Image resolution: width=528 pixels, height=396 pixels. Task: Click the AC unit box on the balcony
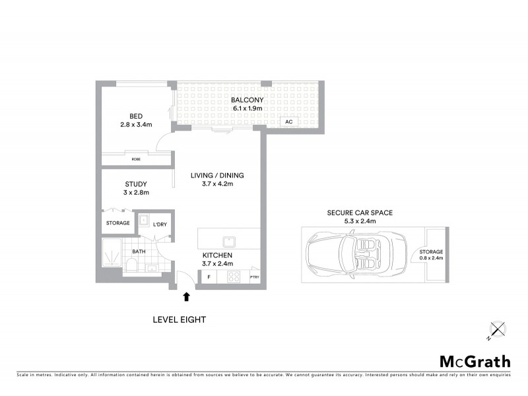289,122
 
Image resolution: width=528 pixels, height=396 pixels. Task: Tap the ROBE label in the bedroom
135,159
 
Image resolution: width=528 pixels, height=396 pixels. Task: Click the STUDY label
135,184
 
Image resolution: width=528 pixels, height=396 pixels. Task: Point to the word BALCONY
247,100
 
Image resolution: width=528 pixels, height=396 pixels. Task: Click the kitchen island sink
229,240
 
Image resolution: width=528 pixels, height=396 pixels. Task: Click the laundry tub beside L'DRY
143,220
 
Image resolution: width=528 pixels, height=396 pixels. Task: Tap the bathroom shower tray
110,253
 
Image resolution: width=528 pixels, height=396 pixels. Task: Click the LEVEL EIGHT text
180,319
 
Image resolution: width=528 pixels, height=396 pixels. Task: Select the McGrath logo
475,361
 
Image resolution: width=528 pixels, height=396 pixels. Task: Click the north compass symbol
496,328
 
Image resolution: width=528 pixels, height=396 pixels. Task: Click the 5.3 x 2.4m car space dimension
360,221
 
